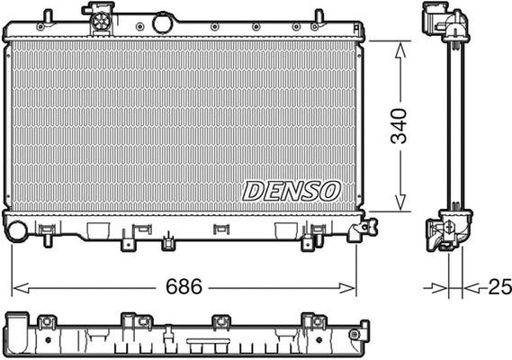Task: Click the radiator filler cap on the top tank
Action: pos(99,15)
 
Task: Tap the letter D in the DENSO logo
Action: pos(254,191)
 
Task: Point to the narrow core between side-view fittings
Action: pos(455,126)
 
